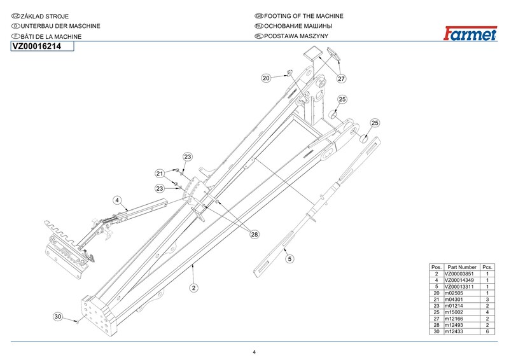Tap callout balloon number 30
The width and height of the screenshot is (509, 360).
click(x=57, y=316)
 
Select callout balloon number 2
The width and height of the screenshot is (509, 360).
click(x=193, y=287)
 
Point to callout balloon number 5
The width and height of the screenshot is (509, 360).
click(x=289, y=259)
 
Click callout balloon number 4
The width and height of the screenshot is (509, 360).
click(x=117, y=200)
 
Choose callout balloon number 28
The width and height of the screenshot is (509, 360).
click(x=254, y=235)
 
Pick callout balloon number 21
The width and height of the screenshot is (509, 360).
click(x=160, y=173)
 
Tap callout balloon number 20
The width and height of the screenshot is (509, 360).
click(x=266, y=78)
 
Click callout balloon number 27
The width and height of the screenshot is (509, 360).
click(x=341, y=79)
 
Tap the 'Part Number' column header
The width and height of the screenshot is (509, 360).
click(x=462, y=267)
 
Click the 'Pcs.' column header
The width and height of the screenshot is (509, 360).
click(x=487, y=267)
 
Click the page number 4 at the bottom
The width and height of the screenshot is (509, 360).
click(x=254, y=352)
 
